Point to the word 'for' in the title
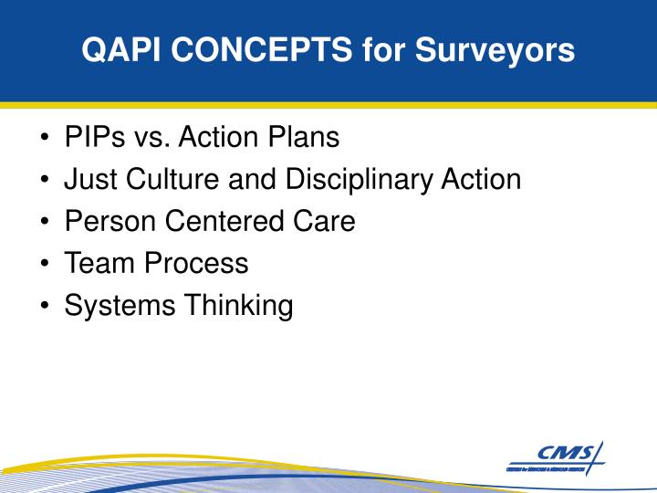pyautogui.click(x=382, y=50)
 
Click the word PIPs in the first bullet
pyautogui.click(x=94, y=138)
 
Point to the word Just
pyautogui.click(x=89, y=179)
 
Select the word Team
pyautogui.click(x=97, y=263)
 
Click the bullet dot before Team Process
pyautogui.click(x=45, y=264)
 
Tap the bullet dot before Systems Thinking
pyautogui.click(x=45, y=306)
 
